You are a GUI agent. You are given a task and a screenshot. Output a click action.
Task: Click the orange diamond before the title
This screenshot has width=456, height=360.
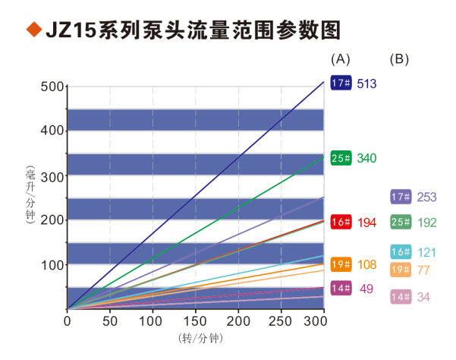pos(33,30)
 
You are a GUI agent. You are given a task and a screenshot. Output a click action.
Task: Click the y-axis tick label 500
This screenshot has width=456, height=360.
pos(52,86)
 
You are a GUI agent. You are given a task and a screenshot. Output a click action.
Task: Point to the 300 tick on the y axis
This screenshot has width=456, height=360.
pos(52,175)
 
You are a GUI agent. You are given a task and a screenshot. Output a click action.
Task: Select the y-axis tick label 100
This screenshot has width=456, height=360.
pos(52,265)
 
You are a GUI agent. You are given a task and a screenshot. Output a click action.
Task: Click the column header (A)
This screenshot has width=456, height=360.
pos(341,58)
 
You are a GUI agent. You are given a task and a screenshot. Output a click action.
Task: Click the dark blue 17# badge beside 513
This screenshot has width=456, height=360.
pos(341,83)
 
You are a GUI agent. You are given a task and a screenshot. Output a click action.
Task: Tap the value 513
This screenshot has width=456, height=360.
pos(366,83)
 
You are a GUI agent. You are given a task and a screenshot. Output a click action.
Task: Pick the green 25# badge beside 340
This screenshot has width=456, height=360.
pos(341,158)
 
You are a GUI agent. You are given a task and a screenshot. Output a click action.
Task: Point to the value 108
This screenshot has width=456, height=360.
pos(366,265)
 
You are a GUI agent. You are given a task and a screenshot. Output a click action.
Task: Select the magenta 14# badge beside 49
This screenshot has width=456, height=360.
pos(341,288)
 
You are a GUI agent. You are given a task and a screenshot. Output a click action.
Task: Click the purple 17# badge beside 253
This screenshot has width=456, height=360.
pos(401,197)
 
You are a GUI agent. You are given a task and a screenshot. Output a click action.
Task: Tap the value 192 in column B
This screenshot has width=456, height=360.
pos(428,223)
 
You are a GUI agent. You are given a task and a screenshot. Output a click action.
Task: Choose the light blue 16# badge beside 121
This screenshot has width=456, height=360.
pos(401,252)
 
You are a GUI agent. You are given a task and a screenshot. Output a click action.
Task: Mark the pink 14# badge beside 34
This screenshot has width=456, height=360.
pos(401,296)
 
